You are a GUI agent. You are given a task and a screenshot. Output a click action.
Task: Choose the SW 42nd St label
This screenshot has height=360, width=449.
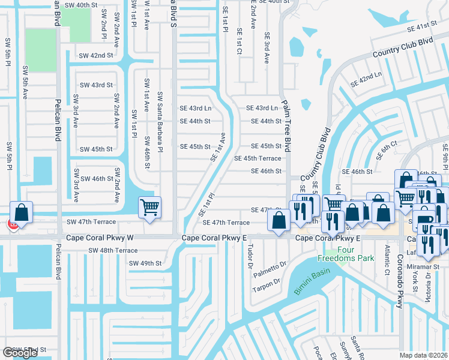(97, 55)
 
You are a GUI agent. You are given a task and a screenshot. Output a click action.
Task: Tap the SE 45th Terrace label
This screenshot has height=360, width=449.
(258, 158)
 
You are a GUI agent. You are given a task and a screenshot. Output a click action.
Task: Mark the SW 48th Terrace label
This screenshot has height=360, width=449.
(113, 250)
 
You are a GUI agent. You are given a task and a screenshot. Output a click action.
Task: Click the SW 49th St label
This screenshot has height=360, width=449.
(145, 263)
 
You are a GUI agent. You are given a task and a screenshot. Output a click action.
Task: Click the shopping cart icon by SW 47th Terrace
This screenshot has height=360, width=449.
(149, 208)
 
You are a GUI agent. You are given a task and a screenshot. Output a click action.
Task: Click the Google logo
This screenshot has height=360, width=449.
(20, 353)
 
